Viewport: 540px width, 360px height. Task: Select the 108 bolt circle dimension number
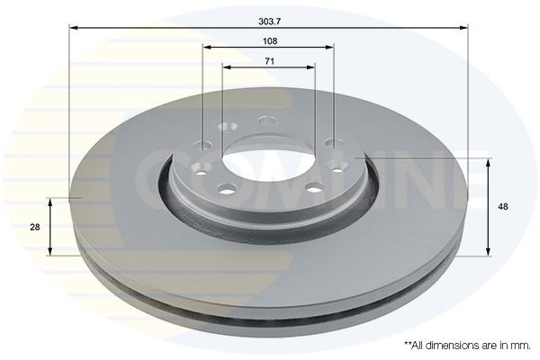tap(269, 41)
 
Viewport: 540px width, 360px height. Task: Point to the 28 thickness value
tap(34, 228)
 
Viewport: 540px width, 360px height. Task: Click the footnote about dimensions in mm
tap(467, 345)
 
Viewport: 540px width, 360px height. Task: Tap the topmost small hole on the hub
tap(265, 121)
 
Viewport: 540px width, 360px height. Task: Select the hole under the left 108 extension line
tap(205, 145)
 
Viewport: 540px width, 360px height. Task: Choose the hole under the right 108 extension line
tap(333, 144)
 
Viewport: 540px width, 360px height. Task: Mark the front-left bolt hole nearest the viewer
tap(226, 188)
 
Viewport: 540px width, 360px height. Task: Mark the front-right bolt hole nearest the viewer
tap(314, 188)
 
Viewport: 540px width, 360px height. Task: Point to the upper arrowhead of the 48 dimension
tap(489, 162)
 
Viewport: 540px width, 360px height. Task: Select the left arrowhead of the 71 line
tap(225, 67)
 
